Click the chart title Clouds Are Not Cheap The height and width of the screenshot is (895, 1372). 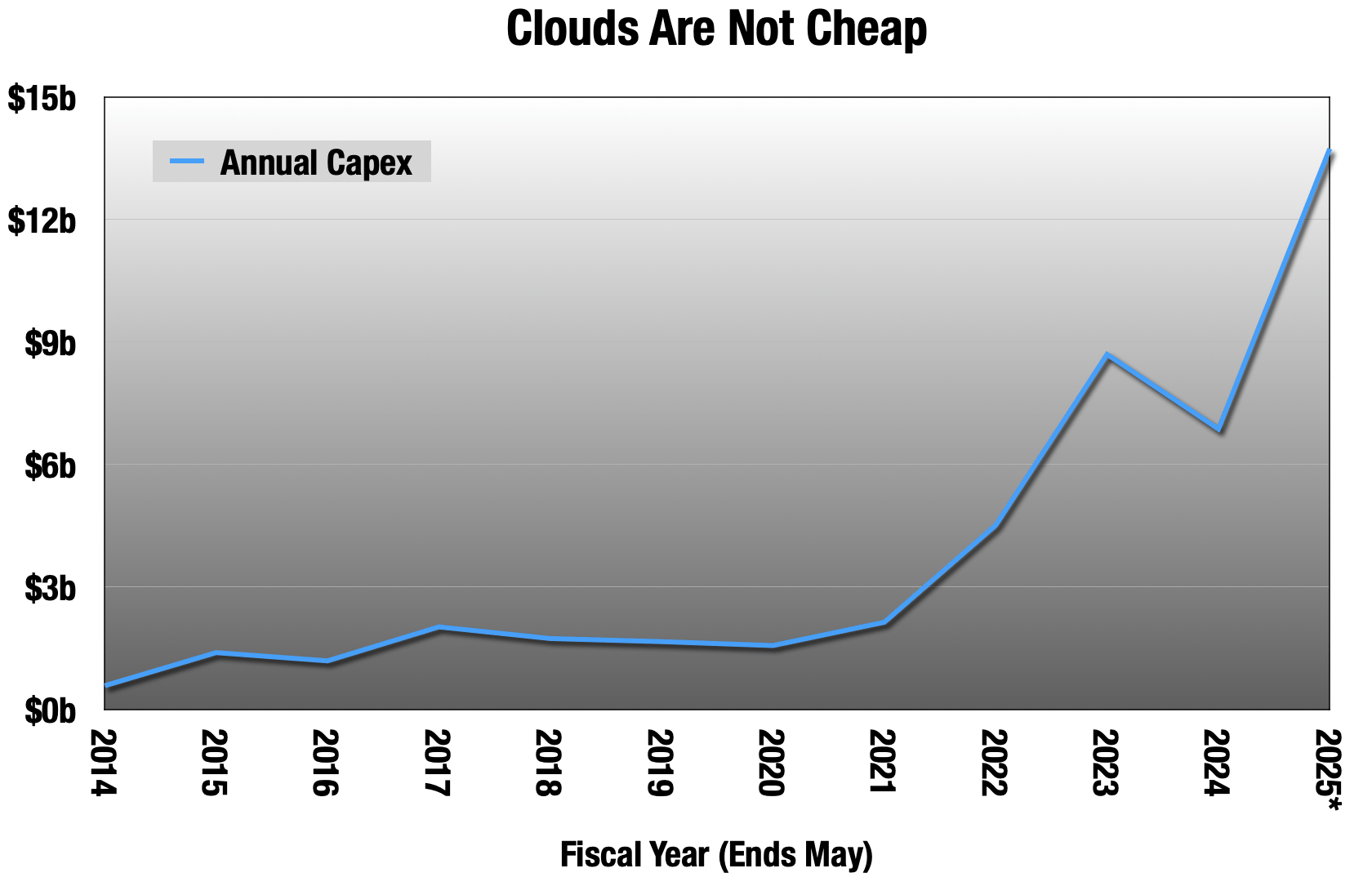716,29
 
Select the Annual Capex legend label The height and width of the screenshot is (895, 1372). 316,163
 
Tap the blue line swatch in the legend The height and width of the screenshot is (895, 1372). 186,161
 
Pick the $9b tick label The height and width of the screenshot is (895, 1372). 50,344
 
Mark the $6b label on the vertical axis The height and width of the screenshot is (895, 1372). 50,466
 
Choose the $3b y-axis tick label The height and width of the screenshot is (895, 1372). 50,589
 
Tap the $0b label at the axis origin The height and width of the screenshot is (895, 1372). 50,711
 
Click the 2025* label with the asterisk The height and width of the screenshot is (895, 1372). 1330,770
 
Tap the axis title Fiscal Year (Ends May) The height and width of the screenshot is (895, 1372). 716,854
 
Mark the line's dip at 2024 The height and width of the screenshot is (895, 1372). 1218,430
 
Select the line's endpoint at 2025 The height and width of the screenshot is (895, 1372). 1329,152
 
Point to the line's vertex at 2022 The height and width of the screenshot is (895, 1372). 996,527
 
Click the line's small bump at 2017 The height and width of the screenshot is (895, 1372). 439,627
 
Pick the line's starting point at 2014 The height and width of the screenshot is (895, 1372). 106,685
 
